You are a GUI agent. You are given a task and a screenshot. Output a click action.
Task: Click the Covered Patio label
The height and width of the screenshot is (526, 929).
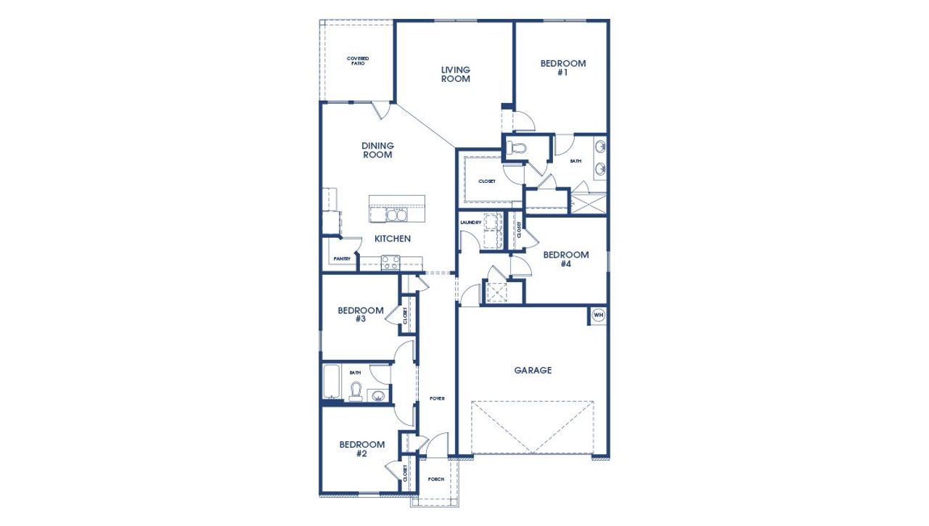[x=357, y=61]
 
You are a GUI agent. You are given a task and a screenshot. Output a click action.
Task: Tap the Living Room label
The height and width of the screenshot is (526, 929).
[x=456, y=75]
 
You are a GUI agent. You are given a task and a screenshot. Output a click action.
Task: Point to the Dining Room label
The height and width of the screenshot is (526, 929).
[x=377, y=150]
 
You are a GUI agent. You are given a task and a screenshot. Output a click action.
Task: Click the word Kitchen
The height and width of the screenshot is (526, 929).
[x=393, y=239]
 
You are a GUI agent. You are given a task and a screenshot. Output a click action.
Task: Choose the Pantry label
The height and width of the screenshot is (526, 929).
[x=342, y=259]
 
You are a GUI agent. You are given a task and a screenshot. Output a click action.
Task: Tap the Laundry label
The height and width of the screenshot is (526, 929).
[x=471, y=222]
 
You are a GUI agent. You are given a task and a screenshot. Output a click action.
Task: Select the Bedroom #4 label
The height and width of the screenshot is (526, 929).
[x=565, y=260]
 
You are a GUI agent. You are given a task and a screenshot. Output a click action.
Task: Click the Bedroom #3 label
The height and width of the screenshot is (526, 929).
[x=361, y=315]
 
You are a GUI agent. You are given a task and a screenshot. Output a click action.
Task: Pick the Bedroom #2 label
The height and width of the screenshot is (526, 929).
[x=361, y=449]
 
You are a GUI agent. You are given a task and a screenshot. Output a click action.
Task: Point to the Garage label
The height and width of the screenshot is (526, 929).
[x=533, y=370]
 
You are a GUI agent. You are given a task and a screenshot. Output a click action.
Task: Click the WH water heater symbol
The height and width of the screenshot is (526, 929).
[x=598, y=315]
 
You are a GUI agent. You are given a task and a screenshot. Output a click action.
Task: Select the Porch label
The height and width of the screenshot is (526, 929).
[x=436, y=479]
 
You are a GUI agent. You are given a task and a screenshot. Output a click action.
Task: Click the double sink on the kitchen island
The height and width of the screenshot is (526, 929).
[x=396, y=215]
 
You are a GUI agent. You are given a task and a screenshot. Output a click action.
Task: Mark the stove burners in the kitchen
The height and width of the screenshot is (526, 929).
[x=390, y=262]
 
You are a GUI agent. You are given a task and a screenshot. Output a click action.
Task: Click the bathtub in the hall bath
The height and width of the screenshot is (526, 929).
[x=332, y=382]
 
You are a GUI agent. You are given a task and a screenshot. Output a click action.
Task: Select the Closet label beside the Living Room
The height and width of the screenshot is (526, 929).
[x=487, y=181]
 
